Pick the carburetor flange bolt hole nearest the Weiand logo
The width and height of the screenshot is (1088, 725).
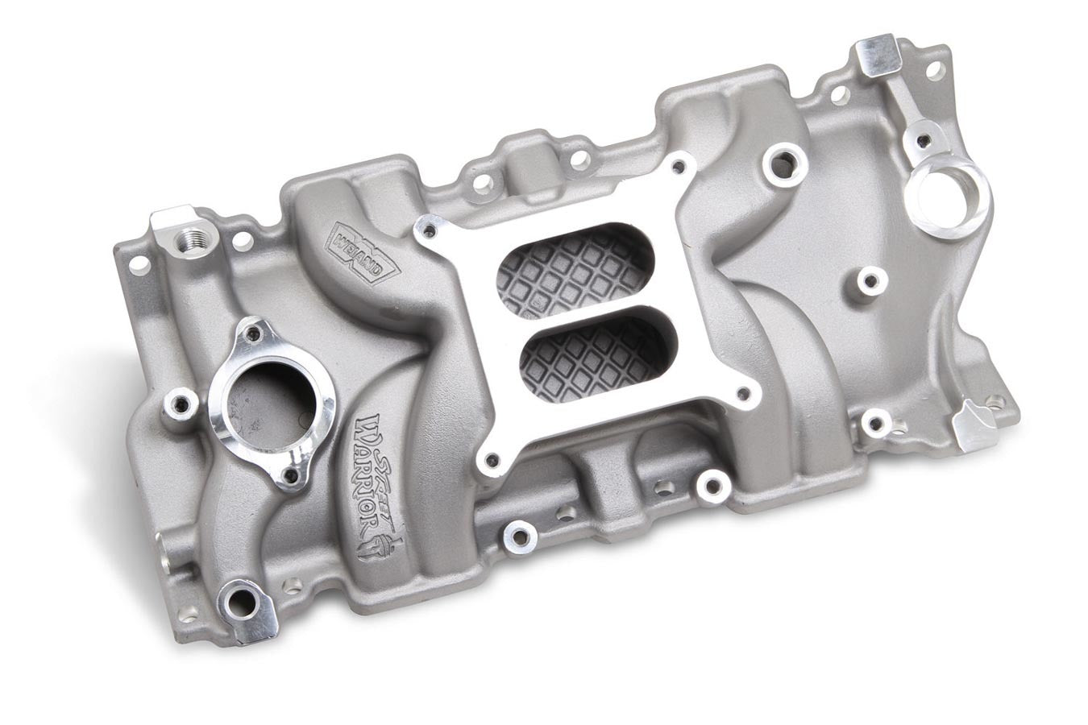pyautogui.click(x=428, y=232)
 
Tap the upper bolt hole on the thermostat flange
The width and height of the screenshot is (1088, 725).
pyautogui.click(x=255, y=330)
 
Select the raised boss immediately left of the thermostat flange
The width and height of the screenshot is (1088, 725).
pyautogui.click(x=179, y=401)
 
